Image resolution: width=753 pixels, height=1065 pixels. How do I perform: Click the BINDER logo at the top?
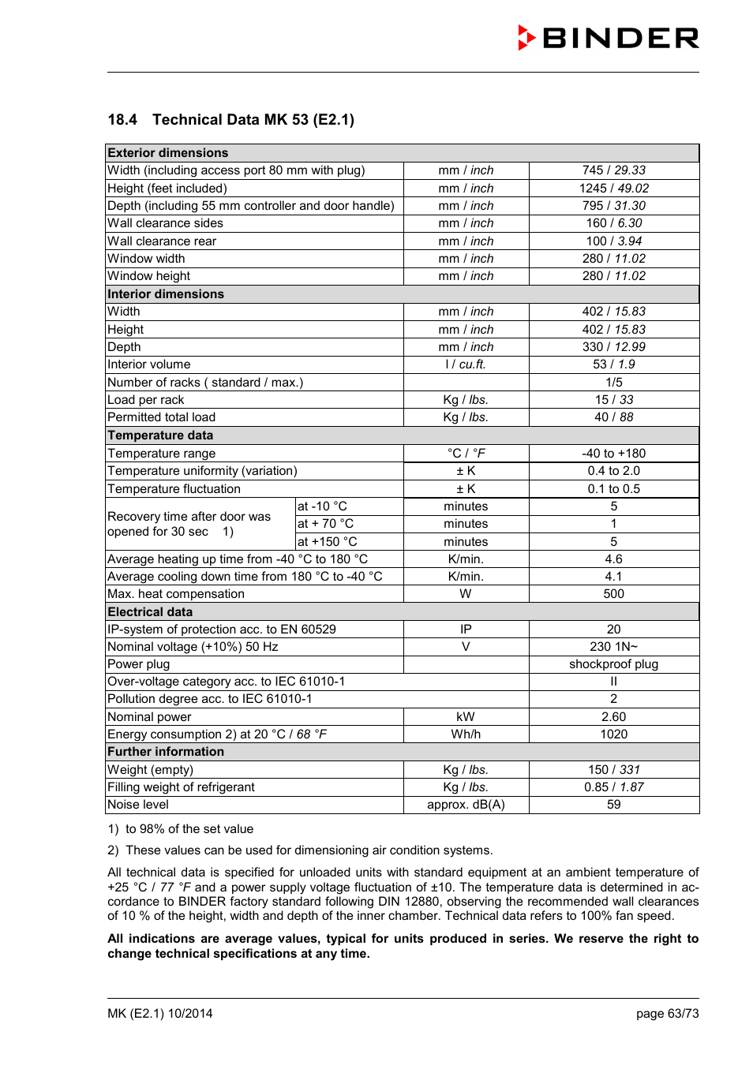(609, 38)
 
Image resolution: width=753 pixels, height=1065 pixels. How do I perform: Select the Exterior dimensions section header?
(168, 153)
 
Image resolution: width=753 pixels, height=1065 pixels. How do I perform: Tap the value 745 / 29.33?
(613, 170)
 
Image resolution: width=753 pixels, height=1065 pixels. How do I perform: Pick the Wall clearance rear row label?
(162, 241)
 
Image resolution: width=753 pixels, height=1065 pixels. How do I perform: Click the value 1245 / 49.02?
(613, 189)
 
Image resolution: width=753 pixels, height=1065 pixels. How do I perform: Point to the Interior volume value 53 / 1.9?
(613, 364)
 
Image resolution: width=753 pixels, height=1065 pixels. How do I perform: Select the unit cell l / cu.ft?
(466, 364)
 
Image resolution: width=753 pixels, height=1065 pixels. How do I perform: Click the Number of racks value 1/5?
(613, 383)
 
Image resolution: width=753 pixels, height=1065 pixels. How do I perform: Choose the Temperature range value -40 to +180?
(613, 454)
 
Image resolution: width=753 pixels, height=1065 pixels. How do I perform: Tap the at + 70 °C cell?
(325, 524)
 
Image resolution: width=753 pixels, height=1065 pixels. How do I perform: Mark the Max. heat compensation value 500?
(613, 594)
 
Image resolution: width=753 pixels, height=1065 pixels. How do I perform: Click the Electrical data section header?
(150, 612)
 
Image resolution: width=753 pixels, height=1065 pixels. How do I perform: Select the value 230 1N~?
(613, 647)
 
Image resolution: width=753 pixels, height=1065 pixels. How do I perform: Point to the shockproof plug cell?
(613, 664)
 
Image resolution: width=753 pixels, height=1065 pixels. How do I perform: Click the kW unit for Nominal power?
(466, 717)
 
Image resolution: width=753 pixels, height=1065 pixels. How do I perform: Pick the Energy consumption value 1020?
(613, 734)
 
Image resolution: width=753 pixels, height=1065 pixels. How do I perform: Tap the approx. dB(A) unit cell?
(466, 805)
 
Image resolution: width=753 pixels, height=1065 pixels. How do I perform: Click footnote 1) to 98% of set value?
(181, 829)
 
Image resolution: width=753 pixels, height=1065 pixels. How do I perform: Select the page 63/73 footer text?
(667, 1014)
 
